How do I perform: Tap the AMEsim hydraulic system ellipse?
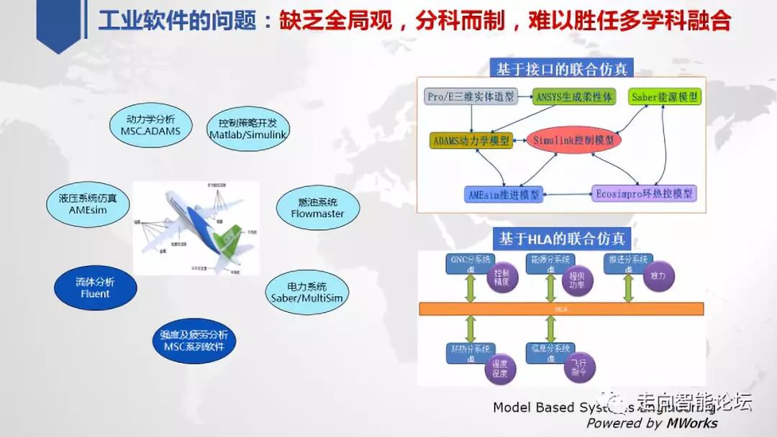coord(88,204)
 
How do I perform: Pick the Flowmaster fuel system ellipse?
coord(317,208)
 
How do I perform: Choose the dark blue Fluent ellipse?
coord(95,287)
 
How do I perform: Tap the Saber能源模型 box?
coord(665,96)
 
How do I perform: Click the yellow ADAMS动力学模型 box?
coord(471,141)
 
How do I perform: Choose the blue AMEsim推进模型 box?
coord(504,194)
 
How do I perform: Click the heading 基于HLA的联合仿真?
coord(562,237)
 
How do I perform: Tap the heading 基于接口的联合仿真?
coord(561,68)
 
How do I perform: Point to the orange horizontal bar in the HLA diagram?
coord(561,308)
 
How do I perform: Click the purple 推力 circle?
coord(658,276)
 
